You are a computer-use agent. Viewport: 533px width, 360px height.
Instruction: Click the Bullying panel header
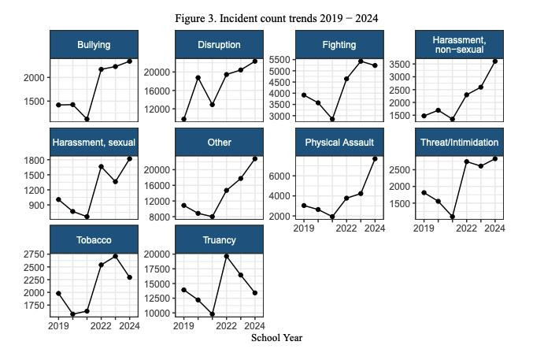(x=94, y=45)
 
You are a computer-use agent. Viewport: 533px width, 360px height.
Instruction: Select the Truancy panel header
(x=219, y=239)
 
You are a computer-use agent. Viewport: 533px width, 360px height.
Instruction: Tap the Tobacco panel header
(x=94, y=239)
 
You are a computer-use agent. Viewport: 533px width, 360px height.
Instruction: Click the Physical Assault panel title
(x=339, y=143)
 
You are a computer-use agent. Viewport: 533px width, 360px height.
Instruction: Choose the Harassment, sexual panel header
(x=94, y=143)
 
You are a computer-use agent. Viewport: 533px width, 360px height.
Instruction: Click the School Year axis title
(x=276, y=338)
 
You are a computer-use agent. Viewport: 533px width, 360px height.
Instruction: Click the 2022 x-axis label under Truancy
(x=227, y=325)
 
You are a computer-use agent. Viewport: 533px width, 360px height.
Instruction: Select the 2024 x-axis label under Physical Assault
(x=375, y=228)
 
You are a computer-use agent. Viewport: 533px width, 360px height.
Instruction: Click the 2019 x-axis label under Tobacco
(x=58, y=325)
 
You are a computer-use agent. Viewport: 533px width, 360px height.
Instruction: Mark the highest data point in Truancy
(x=227, y=256)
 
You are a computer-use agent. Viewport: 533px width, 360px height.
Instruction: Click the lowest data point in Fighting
(x=332, y=120)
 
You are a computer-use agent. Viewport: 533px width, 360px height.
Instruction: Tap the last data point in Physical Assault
(x=375, y=159)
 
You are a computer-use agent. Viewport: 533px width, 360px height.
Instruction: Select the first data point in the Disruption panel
(x=184, y=120)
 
